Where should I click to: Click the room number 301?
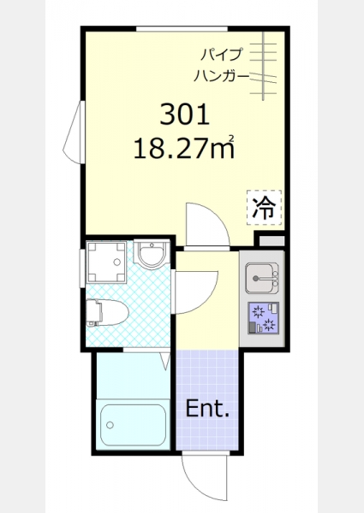[184, 115]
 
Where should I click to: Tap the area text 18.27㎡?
[184, 147]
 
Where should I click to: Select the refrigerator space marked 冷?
[264, 208]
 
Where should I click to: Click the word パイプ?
[222, 55]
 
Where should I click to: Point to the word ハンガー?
[221, 76]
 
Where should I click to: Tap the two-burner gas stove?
[264, 318]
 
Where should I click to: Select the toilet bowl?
[107, 312]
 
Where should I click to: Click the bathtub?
[133, 425]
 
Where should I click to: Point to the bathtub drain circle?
[110, 425]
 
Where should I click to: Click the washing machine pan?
[106, 262]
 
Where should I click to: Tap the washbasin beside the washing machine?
[151, 256]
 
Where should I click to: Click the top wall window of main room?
[182, 29]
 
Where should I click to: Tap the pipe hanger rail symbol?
[263, 67]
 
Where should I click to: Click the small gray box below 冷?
[272, 241]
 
